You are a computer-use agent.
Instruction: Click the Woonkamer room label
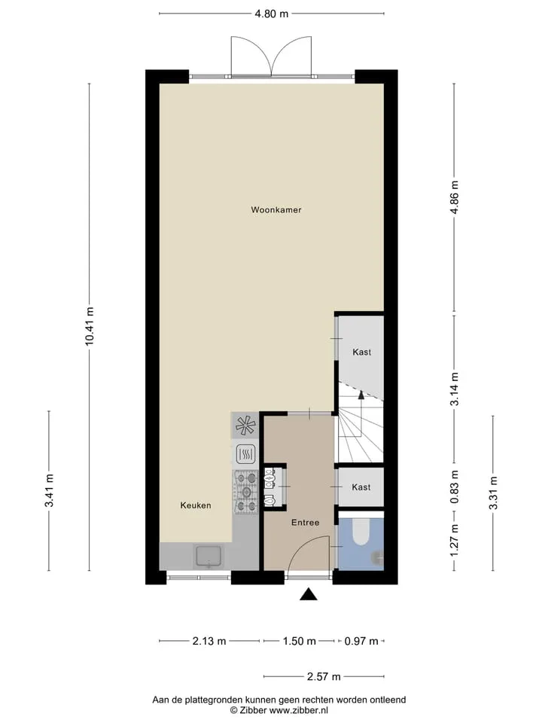(276, 210)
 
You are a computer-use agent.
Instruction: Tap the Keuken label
(196, 505)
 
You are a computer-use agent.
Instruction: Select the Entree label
(305, 523)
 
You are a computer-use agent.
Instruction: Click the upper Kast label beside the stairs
(362, 352)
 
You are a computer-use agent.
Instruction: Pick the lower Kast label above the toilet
(361, 487)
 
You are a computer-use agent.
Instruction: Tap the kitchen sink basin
(209, 556)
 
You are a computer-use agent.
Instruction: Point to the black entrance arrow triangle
(309, 595)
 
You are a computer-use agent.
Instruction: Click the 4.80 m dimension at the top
(272, 14)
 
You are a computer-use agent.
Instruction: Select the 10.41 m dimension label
(90, 326)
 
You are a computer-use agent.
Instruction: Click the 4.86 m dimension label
(455, 197)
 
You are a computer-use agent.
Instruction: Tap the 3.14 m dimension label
(455, 389)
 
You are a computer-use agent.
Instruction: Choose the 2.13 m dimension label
(209, 641)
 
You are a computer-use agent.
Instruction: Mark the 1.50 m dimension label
(300, 641)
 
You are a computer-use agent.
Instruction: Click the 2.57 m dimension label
(324, 676)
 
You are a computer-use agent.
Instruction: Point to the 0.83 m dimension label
(455, 487)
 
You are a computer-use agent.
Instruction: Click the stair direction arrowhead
(361, 394)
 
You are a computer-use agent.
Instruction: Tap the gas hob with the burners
(246, 492)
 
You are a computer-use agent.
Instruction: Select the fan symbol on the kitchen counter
(245, 426)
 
